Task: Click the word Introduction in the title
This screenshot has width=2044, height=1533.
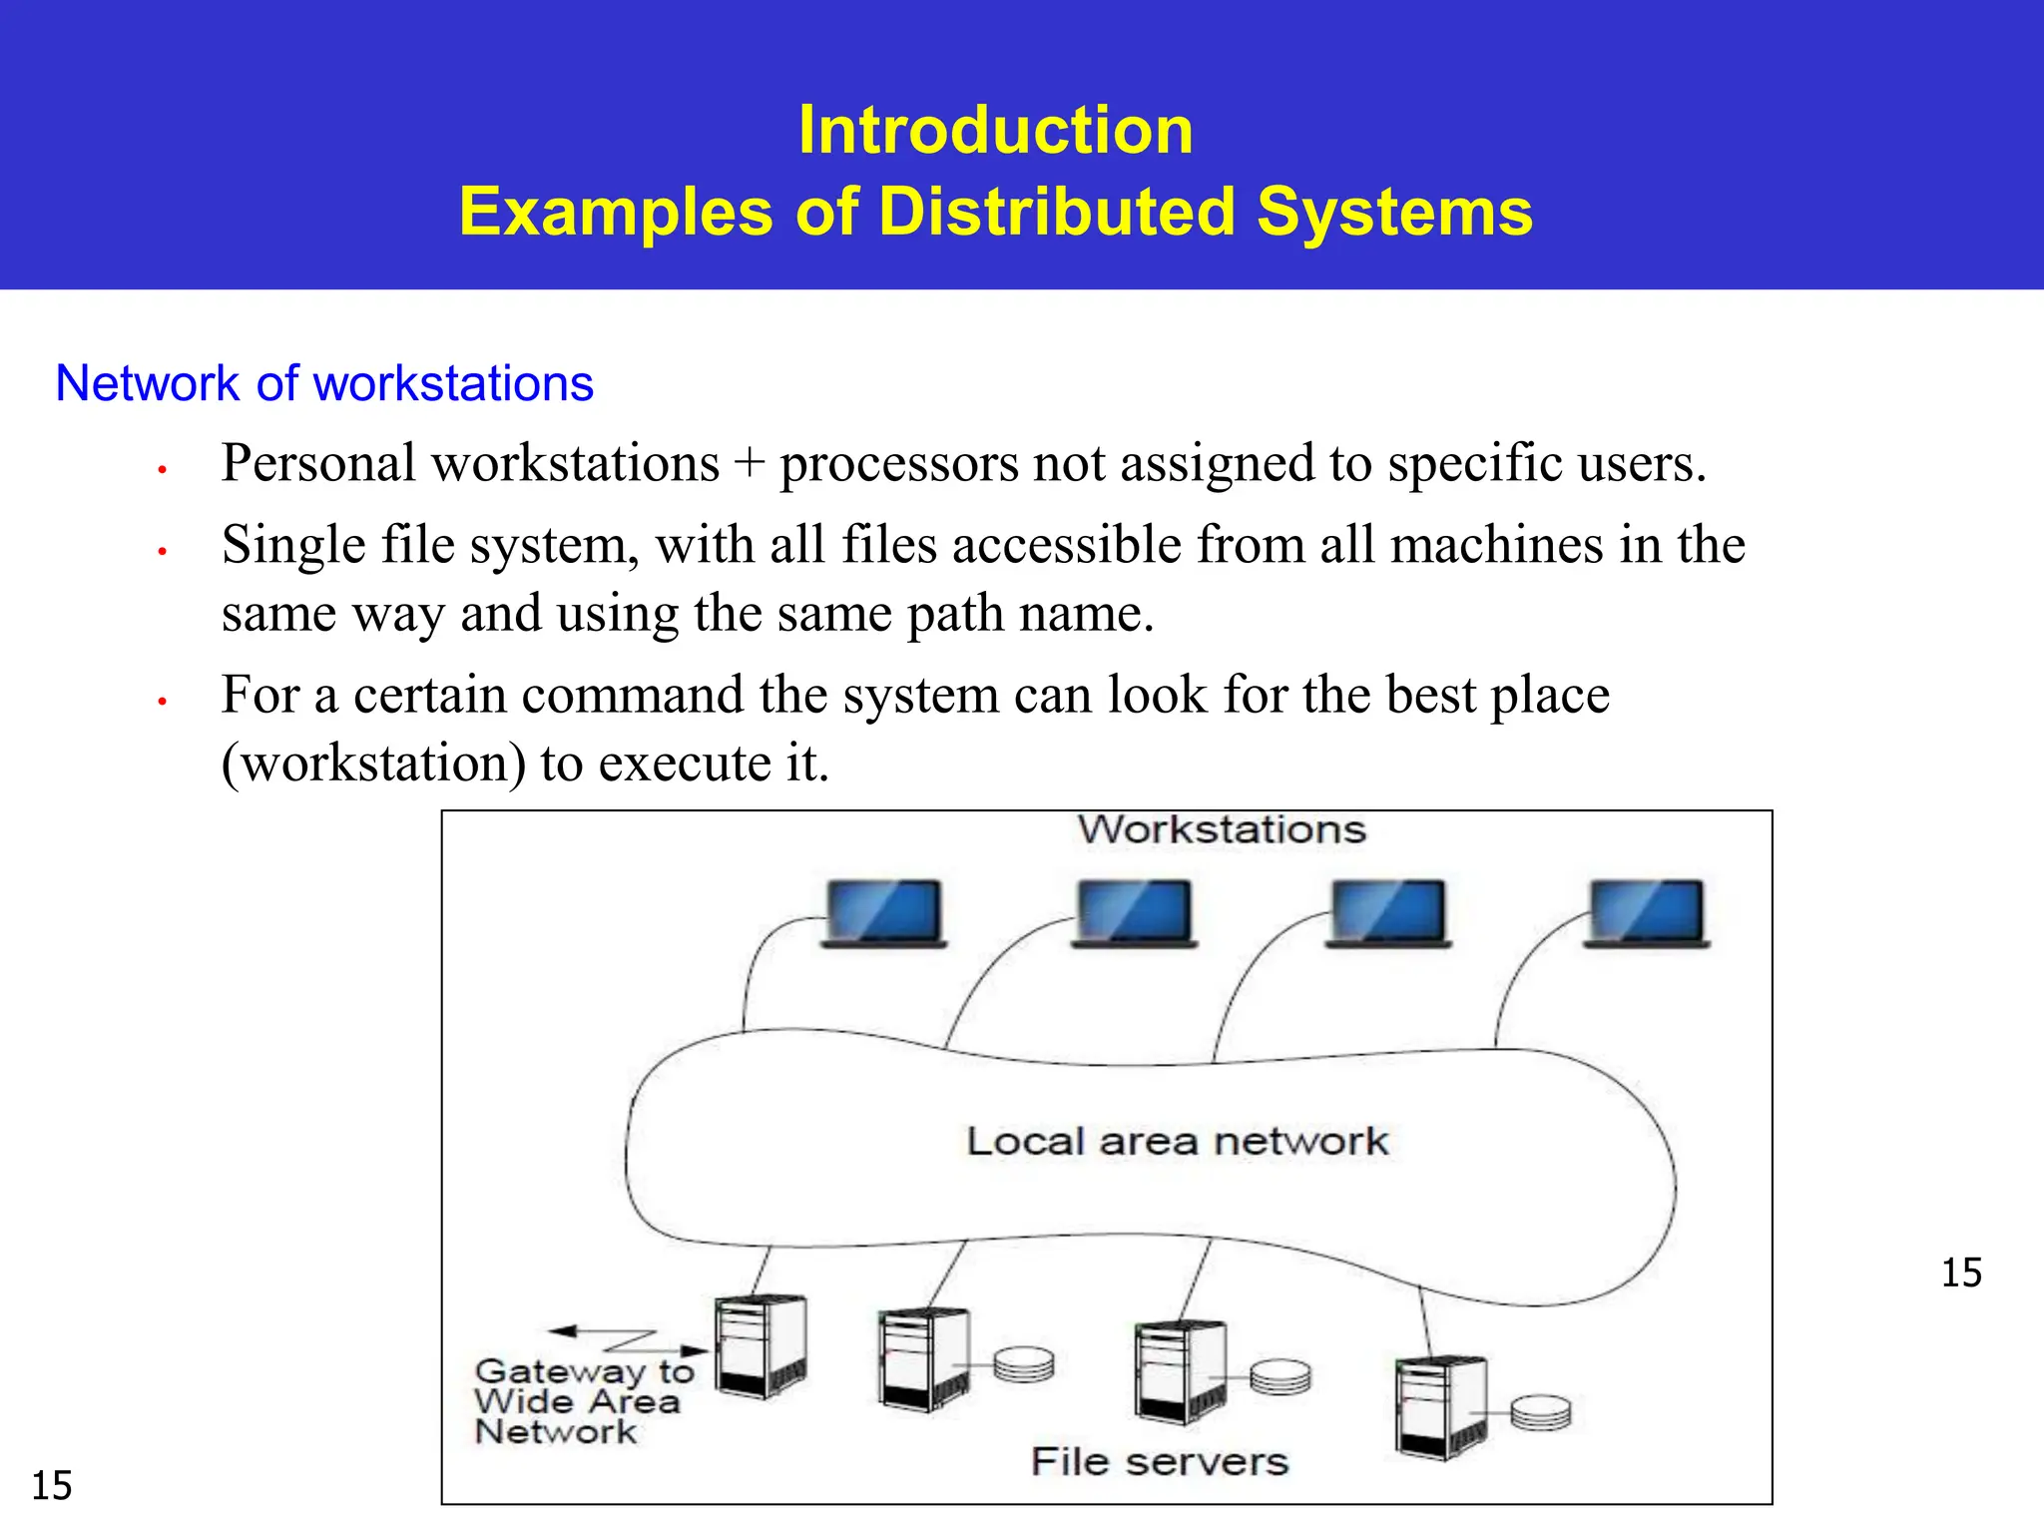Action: point(995,131)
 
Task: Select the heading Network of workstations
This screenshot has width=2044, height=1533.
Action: point(324,383)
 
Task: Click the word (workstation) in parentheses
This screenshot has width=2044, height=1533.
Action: point(373,764)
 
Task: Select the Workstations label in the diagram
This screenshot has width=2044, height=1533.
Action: point(1221,829)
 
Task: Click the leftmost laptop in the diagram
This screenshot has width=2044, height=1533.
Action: point(884,912)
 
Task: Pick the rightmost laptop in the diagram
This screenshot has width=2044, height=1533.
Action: point(1647,912)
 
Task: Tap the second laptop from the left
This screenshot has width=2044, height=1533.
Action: point(1135,912)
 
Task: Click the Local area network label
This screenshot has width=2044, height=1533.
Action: point(1177,1141)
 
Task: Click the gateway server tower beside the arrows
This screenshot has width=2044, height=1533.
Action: point(762,1346)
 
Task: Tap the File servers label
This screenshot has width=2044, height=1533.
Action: point(1160,1462)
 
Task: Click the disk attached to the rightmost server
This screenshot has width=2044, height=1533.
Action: point(1540,1412)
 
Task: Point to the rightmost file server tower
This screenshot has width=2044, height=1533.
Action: point(1442,1407)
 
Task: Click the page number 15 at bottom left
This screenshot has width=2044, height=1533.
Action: point(52,1486)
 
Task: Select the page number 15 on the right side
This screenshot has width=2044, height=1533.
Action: point(1961,1274)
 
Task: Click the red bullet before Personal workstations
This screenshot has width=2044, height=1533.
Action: point(161,468)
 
